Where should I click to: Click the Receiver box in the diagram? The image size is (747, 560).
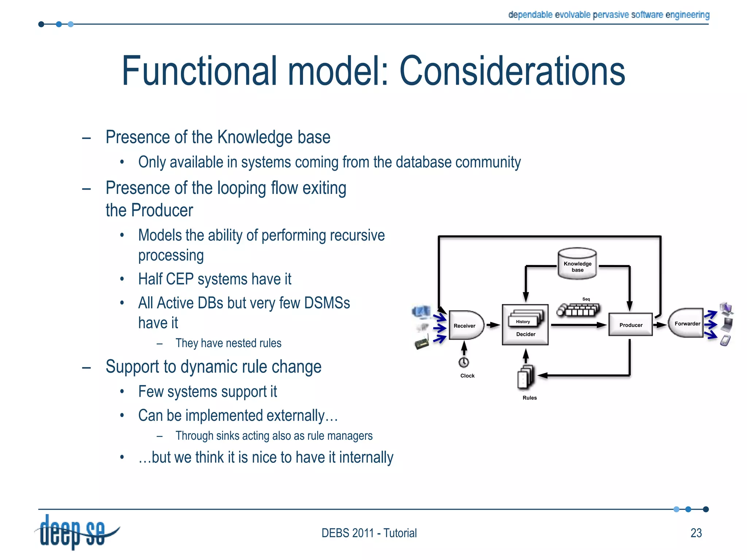click(x=465, y=325)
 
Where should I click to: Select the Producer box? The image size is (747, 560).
click(x=630, y=324)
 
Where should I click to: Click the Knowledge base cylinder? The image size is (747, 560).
click(x=577, y=264)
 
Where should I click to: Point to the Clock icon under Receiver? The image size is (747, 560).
click(x=464, y=362)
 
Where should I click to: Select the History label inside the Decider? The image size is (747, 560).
click(x=523, y=322)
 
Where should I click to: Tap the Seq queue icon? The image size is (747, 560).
click(x=578, y=310)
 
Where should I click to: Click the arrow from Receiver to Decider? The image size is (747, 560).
click(x=493, y=325)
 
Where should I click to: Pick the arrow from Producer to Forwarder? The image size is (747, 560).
click(x=659, y=324)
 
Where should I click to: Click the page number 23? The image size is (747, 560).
click(x=696, y=533)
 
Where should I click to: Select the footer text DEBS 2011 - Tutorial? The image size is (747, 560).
click(x=369, y=533)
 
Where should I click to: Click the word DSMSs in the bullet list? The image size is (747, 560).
click(x=327, y=303)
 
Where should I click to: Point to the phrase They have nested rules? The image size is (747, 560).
click(x=228, y=343)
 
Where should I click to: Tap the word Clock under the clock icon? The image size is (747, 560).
click(x=467, y=376)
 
